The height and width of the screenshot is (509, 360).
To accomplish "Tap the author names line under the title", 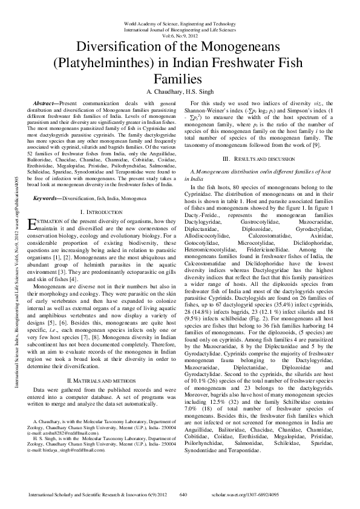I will pyautogui.click(x=179, y=91).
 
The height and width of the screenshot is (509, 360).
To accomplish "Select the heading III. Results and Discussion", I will pyautogui.click(x=261, y=158).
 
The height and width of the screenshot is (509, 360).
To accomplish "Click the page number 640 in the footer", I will pyautogui.click(x=185, y=494).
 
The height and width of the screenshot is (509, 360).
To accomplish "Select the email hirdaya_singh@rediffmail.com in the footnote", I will pyautogui.click(x=63, y=417).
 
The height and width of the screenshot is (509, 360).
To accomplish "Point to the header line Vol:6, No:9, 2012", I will pyautogui.click(x=180, y=35).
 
